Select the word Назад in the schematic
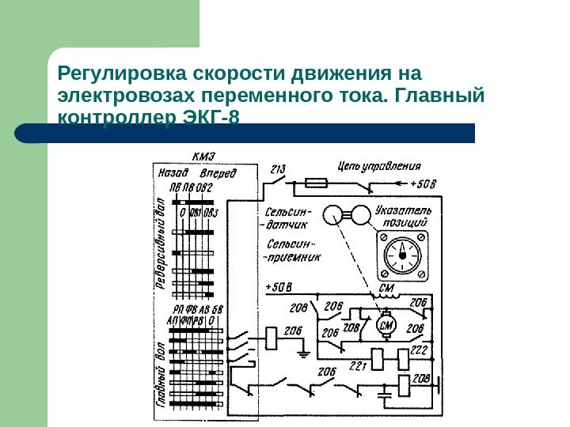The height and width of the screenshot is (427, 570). click(x=173, y=171)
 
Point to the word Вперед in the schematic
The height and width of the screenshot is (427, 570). click(x=218, y=172)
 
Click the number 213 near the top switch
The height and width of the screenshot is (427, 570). click(x=278, y=168)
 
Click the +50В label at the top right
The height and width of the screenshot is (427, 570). click(x=424, y=183)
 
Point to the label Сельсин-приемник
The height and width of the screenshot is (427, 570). click(x=292, y=251)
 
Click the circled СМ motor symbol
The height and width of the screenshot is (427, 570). click(x=387, y=327)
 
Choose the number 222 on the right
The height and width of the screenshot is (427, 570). click(x=419, y=349)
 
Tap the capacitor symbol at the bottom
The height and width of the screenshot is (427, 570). click(x=386, y=390)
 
